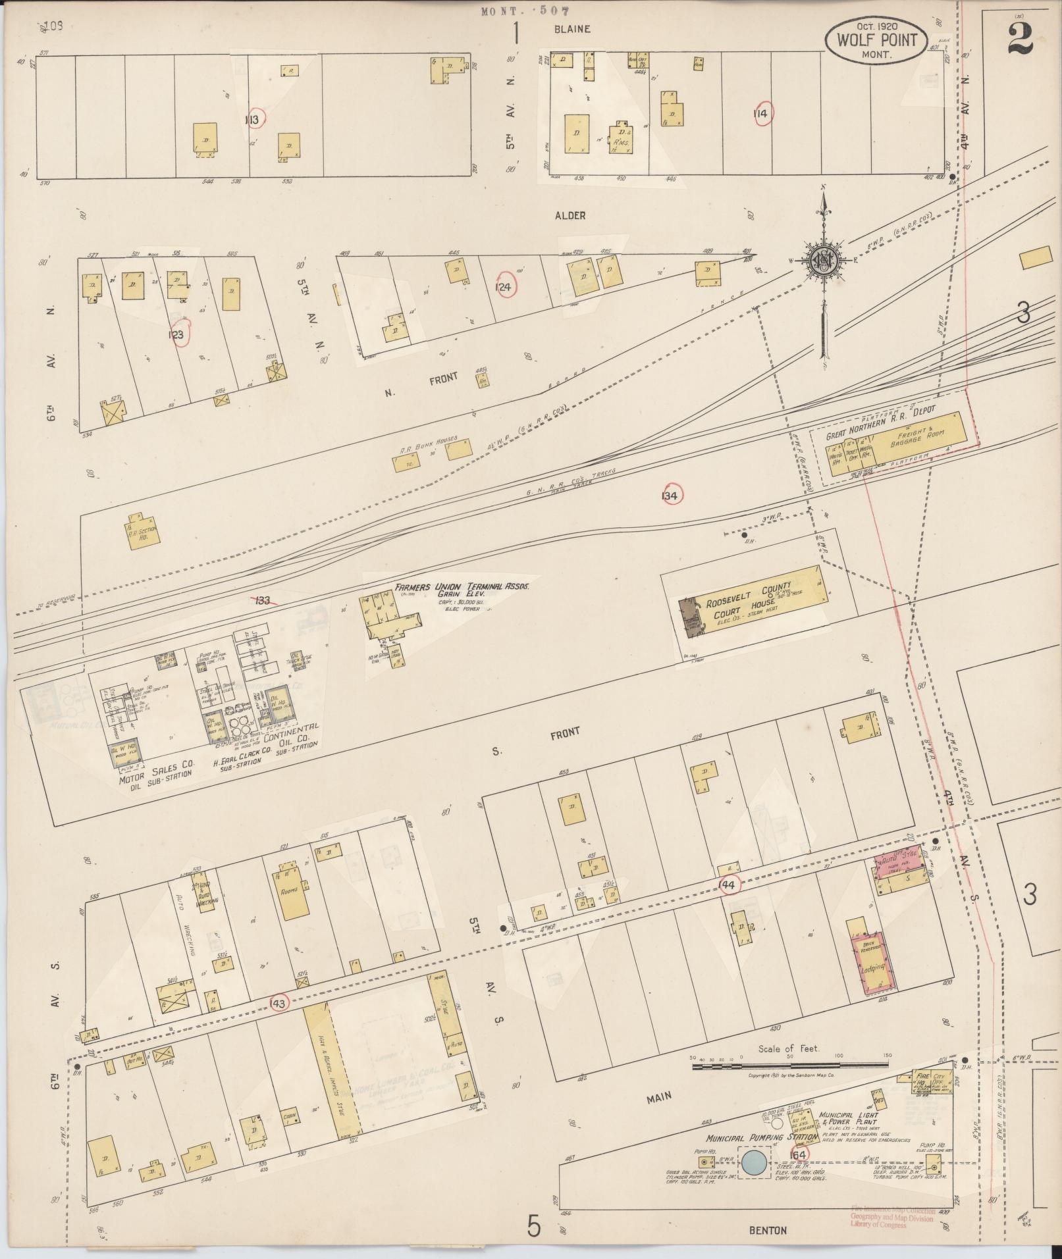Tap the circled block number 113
click(x=253, y=118)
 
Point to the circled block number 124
click(x=506, y=285)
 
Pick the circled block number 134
click(x=671, y=495)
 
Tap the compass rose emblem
click(x=823, y=259)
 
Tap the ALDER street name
click(x=570, y=215)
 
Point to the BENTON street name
click(x=768, y=1229)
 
